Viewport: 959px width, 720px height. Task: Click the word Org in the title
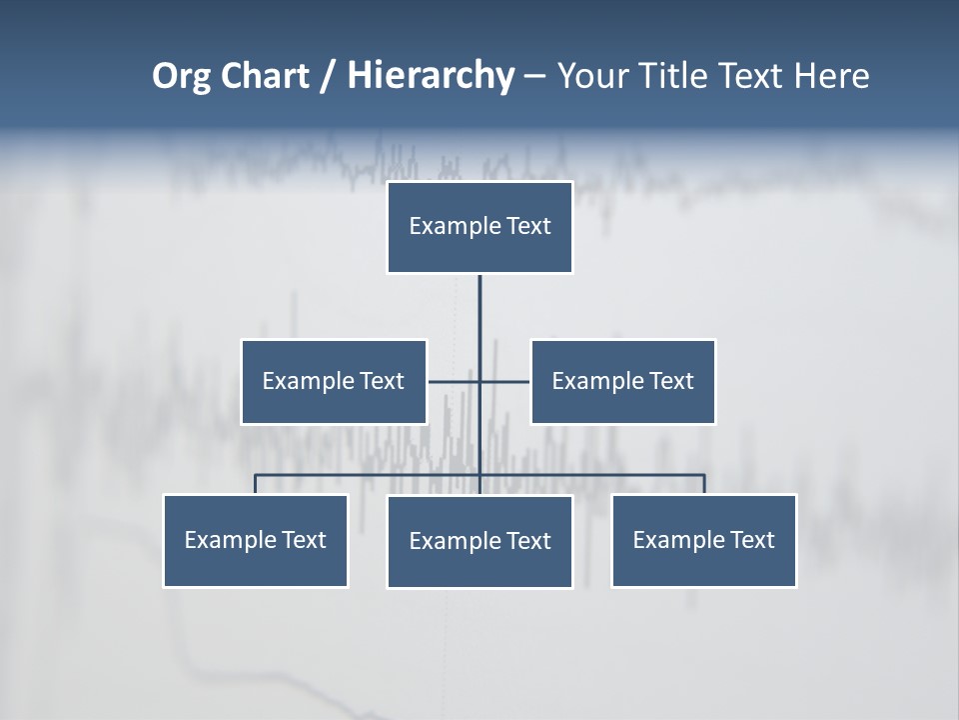tap(182, 77)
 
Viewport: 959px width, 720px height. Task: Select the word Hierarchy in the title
tap(431, 76)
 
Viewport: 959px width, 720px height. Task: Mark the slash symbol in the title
tap(329, 77)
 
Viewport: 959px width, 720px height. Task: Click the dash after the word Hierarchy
tap(535, 77)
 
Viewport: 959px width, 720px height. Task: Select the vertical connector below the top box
tap(479, 320)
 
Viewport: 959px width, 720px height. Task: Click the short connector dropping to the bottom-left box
tap(255, 484)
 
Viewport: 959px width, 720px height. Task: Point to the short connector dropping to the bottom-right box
tap(704, 484)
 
